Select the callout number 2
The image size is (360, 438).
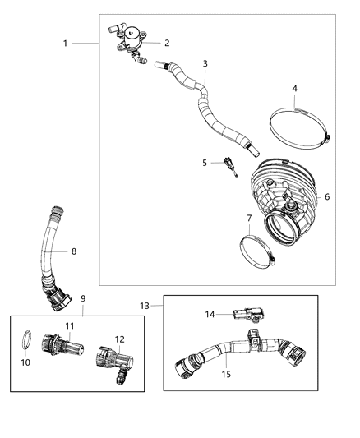click(x=167, y=43)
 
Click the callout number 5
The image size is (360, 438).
click(x=205, y=163)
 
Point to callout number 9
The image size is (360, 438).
click(x=83, y=298)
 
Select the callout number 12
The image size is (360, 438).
click(x=120, y=339)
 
